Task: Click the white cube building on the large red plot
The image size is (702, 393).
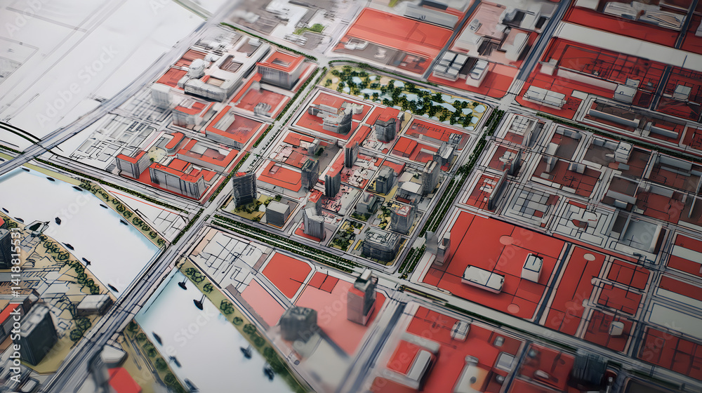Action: coord(532,267)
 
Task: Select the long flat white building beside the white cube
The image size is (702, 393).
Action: coord(483,279)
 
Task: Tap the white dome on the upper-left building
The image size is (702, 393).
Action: coord(197,67)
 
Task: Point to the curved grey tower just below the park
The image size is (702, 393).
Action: coord(340,120)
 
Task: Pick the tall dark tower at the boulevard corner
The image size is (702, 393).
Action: coord(244,188)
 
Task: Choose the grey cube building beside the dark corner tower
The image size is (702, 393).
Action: coord(277,212)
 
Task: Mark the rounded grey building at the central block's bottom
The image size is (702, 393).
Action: coord(381,244)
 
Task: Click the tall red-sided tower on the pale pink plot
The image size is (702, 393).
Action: coord(362,297)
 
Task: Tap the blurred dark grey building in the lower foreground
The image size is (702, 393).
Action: coord(298,324)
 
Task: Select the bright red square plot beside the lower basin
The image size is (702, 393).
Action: coord(286,274)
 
